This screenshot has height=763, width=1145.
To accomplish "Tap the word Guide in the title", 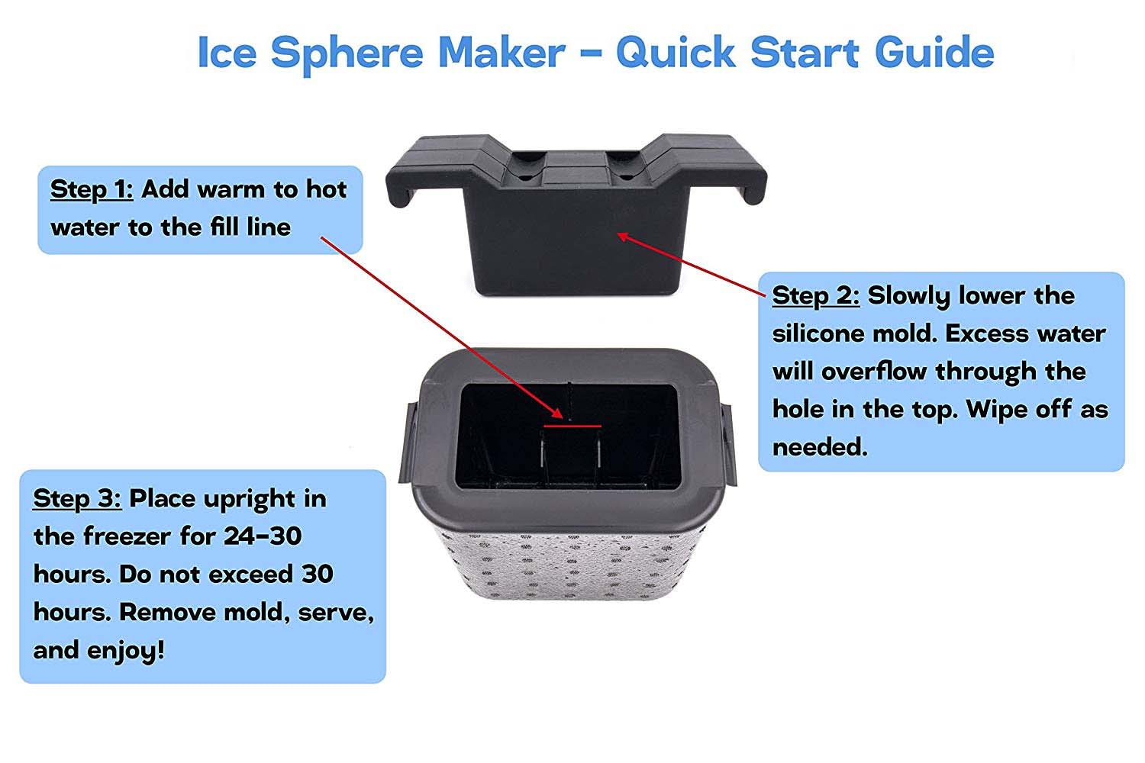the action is coord(934,52).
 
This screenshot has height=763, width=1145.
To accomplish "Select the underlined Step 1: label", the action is coord(92,190).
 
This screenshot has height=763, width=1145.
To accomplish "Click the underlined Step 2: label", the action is coord(816,296).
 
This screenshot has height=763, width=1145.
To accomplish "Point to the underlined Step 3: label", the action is coord(77,499).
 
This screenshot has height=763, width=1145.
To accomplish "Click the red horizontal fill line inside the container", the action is coord(572,426).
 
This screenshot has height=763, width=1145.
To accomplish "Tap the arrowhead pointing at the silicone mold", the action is coord(624,237).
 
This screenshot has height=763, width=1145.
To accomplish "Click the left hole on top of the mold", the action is coord(524,178).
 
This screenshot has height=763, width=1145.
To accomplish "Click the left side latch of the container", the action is coord(408,443).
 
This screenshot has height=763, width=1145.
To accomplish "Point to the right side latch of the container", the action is coord(729,443).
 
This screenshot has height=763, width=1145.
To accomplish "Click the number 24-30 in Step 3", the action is coord(263,536).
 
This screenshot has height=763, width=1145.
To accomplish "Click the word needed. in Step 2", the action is coord(820,448).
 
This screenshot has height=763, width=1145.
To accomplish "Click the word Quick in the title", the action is coord(676,52).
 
